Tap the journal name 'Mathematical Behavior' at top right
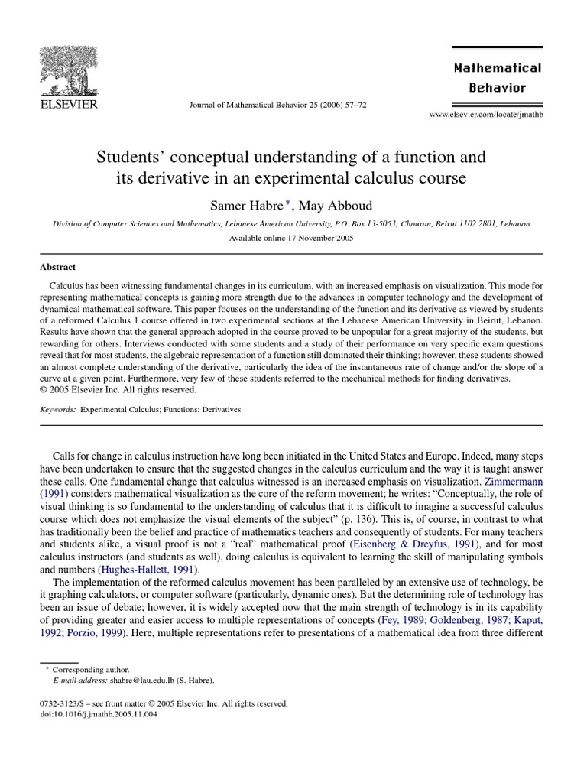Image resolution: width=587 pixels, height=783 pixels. coord(497,77)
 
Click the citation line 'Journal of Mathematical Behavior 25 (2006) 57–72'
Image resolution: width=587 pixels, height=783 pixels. coord(277,105)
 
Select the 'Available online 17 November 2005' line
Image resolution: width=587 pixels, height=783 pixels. coord(291,238)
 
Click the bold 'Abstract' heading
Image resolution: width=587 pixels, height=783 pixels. coord(57,267)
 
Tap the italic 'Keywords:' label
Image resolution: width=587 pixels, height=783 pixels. coord(57,409)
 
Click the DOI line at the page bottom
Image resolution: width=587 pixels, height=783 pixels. coord(87,715)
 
